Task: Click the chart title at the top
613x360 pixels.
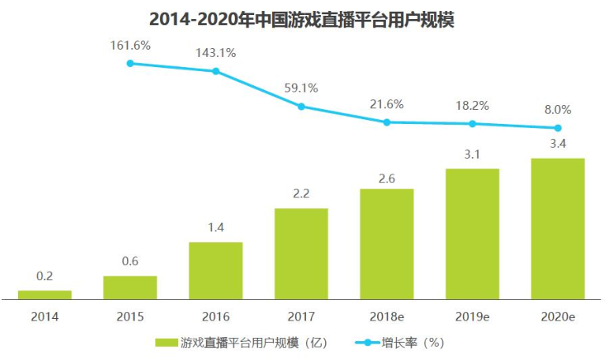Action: [x=301, y=20]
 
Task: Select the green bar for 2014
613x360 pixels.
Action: [x=44, y=295]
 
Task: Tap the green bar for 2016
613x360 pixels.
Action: [x=216, y=271]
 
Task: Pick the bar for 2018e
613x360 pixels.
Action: [x=387, y=244]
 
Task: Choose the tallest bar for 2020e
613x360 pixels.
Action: [x=558, y=229]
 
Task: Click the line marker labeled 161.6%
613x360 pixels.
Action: [x=130, y=63]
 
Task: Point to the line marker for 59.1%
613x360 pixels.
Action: [x=301, y=107]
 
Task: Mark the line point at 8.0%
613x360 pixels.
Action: [x=558, y=128]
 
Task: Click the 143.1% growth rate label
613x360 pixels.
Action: [x=216, y=53]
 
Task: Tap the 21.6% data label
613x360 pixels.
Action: [x=387, y=104]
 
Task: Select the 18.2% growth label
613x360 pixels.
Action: [x=473, y=105]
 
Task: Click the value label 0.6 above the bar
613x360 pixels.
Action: [x=130, y=261]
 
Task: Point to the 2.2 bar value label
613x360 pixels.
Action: [x=301, y=193]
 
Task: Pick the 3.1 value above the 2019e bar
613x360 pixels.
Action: [x=472, y=154]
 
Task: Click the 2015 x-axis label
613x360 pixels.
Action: [x=130, y=317]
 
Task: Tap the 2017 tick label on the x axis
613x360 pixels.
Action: [x=301, y=317]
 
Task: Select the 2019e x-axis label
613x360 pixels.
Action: [x=473, y=317]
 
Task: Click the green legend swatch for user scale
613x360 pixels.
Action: [x=166, y=343]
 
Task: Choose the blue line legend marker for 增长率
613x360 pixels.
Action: [x=368, y=343]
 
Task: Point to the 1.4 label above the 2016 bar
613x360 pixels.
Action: [x=216, y=227]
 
